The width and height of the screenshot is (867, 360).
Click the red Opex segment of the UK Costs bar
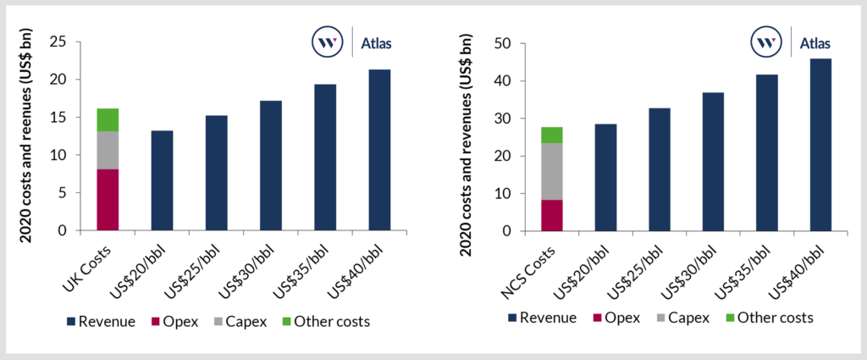click(107, 200)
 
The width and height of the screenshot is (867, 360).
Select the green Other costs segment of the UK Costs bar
click(107, 119)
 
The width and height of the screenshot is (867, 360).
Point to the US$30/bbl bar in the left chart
click(270, 165)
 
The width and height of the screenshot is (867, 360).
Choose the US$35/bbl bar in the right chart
click(767, 152)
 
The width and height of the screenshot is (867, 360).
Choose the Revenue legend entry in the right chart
click(542, 318)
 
